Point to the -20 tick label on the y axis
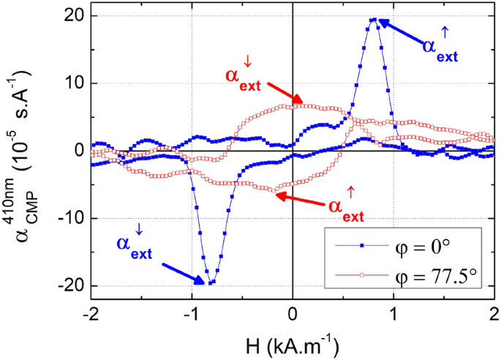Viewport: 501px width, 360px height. [x=70, y=286]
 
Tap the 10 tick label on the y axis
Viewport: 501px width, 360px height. [x=73, y=83]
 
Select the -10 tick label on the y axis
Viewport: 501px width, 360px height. [x=70, y=219]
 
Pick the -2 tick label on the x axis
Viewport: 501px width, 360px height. [x=90, y=312]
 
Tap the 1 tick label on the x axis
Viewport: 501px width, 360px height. [x=393, y=312]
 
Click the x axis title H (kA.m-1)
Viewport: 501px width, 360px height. [x=293, y=342]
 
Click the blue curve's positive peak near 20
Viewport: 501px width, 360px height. [x=374, y=20]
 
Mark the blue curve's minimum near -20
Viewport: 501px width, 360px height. [x=210, y=282]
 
